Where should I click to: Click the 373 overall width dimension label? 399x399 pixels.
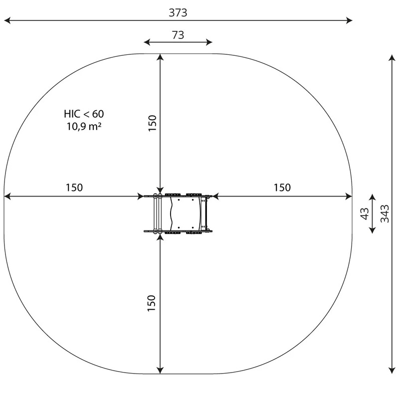point(178,12)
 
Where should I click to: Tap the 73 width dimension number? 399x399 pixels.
point(178,35)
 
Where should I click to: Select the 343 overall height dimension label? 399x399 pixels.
point(385,214)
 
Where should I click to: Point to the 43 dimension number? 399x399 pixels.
point(365,214)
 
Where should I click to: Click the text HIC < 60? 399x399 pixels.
point(84,114)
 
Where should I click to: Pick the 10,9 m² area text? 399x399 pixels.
point(84,126)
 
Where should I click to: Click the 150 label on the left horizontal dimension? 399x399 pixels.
point(74,188)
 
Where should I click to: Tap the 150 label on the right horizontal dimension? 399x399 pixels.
point(282,188)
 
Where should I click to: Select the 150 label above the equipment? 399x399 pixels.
point(152,123)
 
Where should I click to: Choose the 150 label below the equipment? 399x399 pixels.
point(152,303)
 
